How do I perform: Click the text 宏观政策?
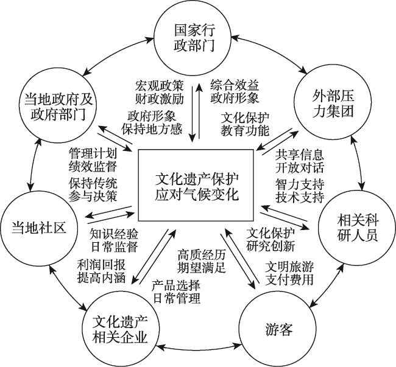coord(159,86)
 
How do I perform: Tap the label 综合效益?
coord(235,85)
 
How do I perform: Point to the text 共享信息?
coord(299,155)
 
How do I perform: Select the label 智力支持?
coord(300,184)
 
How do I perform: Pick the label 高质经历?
coord(201,255)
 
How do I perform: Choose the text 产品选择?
coord(176,285)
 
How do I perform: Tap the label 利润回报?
coord(101,265)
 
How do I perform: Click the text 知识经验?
coord(114,234)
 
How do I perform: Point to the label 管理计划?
coord(93,153)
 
